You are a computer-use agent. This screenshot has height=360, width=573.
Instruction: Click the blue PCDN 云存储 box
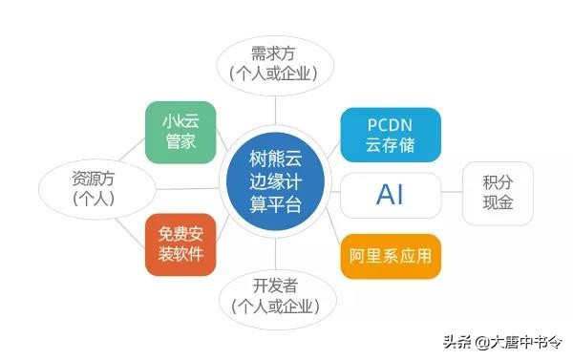point(391,135)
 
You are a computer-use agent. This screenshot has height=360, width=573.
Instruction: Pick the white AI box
point(391,194)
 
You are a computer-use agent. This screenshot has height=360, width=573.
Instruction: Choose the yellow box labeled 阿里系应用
point(391,256)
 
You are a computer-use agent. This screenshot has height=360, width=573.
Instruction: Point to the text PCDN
point(390,124)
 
